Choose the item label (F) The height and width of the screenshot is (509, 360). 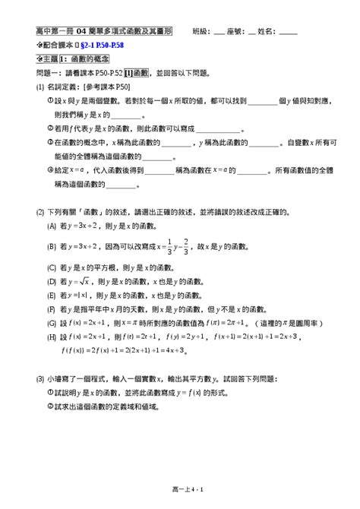coord(51,309)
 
